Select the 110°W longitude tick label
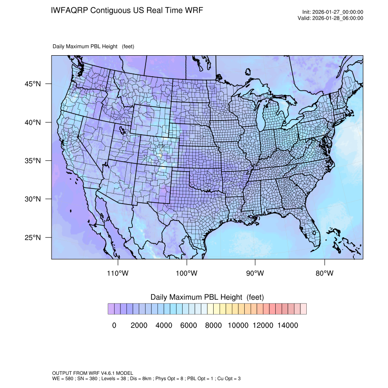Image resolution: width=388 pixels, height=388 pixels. click(x=118, y=273)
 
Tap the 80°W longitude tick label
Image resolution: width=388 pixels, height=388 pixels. click(x=325, y=273)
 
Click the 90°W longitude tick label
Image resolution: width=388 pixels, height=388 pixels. click(x=255, y=273)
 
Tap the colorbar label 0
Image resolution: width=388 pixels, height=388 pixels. click(x=114, y=325)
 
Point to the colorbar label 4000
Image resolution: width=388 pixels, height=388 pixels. click(x=164, y=325)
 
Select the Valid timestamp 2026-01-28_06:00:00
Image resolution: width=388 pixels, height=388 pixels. click(x=337, y=18)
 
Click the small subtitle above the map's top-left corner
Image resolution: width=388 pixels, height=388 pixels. click(x=93, y=47)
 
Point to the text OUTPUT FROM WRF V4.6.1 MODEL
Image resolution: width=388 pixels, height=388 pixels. click(x=93, y=373)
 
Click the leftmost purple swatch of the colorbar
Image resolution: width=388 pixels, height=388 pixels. click(x=111, y=309)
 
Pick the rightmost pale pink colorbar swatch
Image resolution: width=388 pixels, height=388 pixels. click(x=303, y=309)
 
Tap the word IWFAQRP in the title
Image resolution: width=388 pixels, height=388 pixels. click(x=70, y=10)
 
